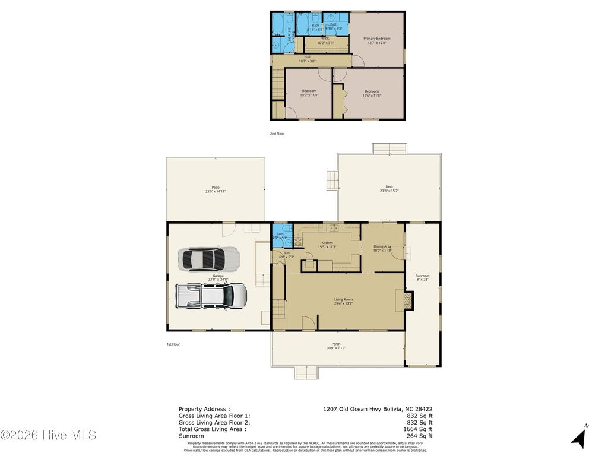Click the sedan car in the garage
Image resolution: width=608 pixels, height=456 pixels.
(x=209, y=259)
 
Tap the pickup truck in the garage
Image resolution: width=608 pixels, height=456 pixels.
(x=211, y=295)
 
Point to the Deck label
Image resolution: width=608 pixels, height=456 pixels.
(x=389, y=189)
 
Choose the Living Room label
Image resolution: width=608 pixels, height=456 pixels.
(x=343, y=302)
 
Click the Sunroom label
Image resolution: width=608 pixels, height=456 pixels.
(x=422, y=277)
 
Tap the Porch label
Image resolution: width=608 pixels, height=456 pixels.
(x=335, y=346)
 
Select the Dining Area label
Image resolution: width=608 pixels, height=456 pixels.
(x=382, y=248)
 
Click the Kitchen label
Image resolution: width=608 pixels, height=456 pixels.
(x=327, y=245)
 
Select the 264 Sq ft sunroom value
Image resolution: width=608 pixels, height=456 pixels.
(x=420, y=435)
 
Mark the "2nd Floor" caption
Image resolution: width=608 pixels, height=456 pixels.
(x=277, y=134)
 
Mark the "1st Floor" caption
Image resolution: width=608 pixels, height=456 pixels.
(x=173, y=344)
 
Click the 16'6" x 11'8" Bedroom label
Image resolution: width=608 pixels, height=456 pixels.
(x=372, y=93)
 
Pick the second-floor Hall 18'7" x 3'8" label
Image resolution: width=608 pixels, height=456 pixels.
(x=307, y=59)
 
